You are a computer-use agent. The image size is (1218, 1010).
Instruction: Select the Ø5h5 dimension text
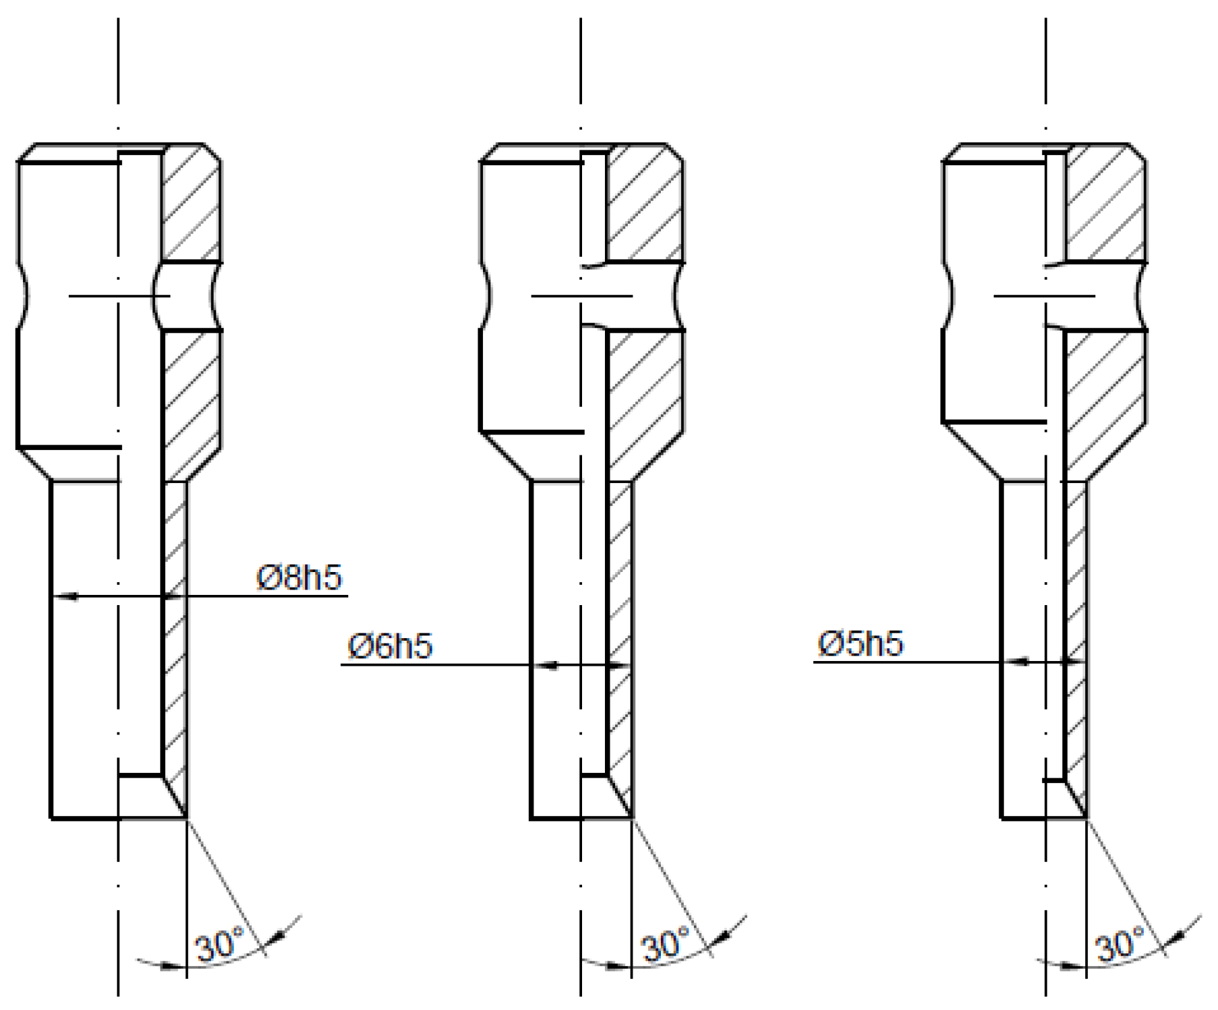pyautogui.click(x=860, y=644)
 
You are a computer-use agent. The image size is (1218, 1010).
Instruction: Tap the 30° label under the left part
pyautogui.click(x=219, y=945)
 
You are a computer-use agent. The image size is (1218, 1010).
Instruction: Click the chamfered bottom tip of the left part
pyautogui.click(x=177, y=798)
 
